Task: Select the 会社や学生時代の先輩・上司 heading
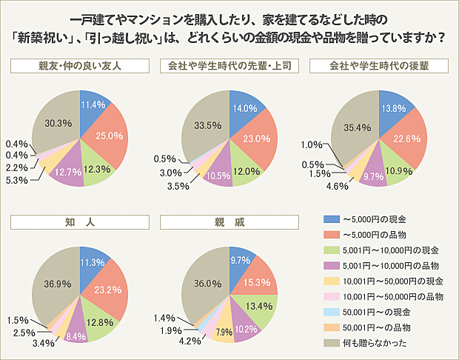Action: tap(230, 66)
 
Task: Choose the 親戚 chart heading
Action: tap(230, 221)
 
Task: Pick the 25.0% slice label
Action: tap(110, 136)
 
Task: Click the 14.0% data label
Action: tap(245, 107)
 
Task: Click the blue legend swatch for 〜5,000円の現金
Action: tap(330, 220)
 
